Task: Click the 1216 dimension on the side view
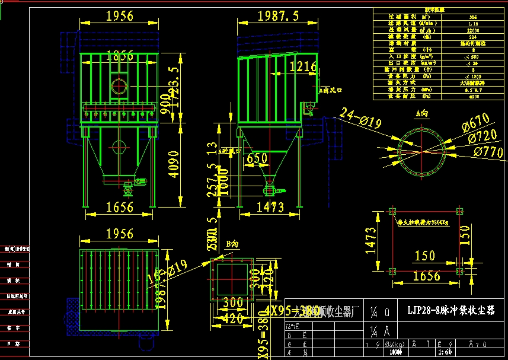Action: [302, 67]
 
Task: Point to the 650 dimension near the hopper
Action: [257, 158]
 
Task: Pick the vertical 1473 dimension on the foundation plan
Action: [371, 241]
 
